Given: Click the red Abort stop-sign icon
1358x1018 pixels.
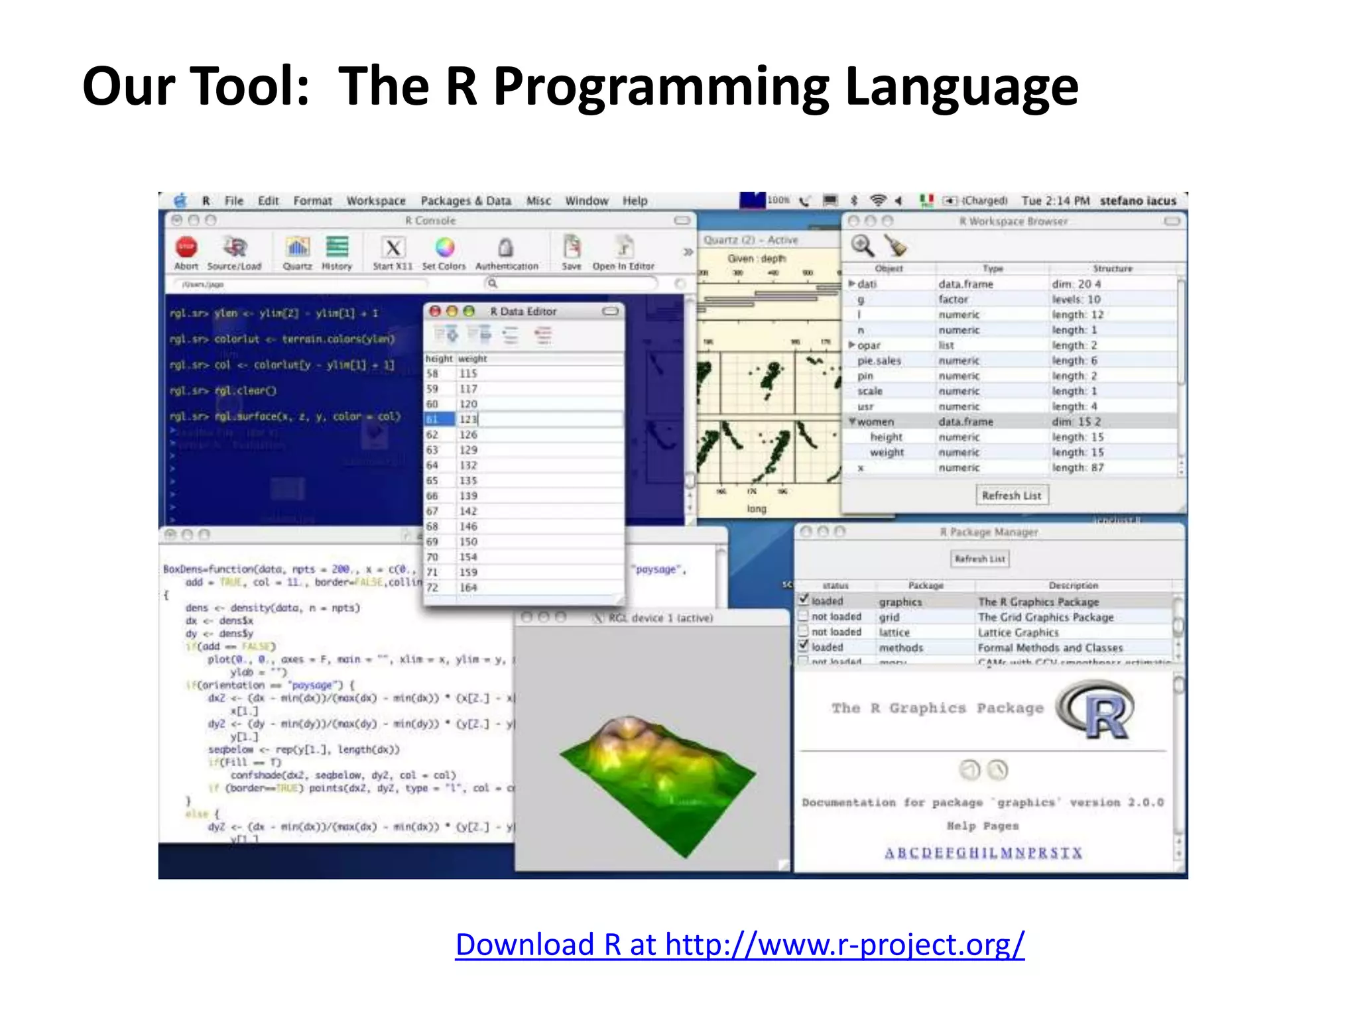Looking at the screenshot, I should pyautogui.click(x=186, y=247).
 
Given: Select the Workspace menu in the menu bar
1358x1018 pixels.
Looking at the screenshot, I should pyautogui.click(x=375, y=201).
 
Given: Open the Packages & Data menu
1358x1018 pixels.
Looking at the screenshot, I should pyautogui.click(x=465, y=201).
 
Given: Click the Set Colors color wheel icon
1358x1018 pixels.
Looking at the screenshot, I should pyautogui.click(x=445, y=247).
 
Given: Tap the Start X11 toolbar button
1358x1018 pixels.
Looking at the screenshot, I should pyautogui.click(x=393, y=248).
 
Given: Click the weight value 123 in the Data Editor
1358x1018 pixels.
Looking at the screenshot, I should pyautogui.click(x=468, y=419).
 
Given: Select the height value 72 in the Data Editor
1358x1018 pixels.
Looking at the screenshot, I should pyautogui.click(x=432, y=587).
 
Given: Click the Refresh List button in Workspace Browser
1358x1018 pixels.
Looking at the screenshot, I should pyautogui.click(x=1011, y=495).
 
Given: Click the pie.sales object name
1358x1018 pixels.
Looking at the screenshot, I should pyautogui.click(x=879, y=361).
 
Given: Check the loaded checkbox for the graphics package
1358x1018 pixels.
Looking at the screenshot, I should pyautogui.click(x=804, y=600).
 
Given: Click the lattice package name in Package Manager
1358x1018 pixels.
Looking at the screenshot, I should pyautogui.click(x=894, y=632).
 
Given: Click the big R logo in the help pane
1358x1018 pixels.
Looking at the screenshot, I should pyautogui.click(x=1097, y=711).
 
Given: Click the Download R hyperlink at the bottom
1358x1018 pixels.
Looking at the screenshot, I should pyautogui.click(x=739, y=944).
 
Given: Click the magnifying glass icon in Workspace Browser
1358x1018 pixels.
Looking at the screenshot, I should pyautogui.click(x=862, y=245).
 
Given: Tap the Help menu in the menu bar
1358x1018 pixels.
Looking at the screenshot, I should pyautogui.click(x=635, y=201).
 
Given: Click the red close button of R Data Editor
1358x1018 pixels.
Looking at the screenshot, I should pyautogui.click(x=435, y=311).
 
